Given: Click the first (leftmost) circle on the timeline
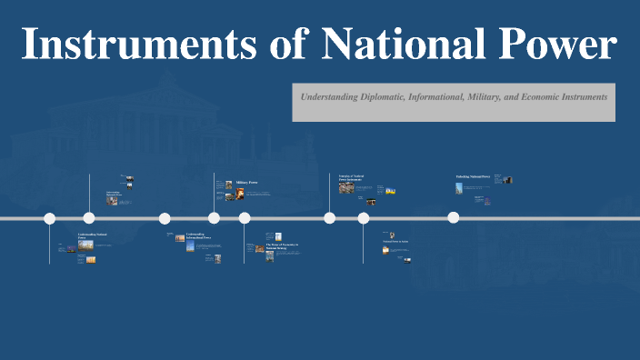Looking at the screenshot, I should tap(50, 218).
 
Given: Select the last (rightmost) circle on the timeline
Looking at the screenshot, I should tap(454, 217).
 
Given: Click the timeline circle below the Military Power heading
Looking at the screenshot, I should tap(214, 217).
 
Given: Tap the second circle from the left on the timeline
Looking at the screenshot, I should tap(89, 217).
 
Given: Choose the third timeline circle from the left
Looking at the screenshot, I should tap(165, 218).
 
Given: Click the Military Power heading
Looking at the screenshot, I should tap(247, 183).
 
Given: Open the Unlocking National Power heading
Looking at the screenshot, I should tap(473, 176).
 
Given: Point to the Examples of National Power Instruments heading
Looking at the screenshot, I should tap(351, 178).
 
